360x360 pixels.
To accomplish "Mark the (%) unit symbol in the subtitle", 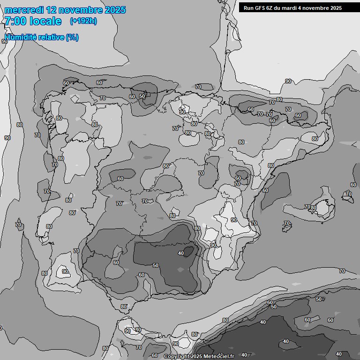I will tap(72, 37).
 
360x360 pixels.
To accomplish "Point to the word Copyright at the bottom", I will tap(177, 357).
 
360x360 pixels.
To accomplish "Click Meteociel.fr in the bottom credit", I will tap(219, 357).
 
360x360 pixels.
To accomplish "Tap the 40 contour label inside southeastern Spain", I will tap(181, 253).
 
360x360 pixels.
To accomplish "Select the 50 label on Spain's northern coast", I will tap(142, 96).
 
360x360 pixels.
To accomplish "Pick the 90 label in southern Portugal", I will tap(65, 271).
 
